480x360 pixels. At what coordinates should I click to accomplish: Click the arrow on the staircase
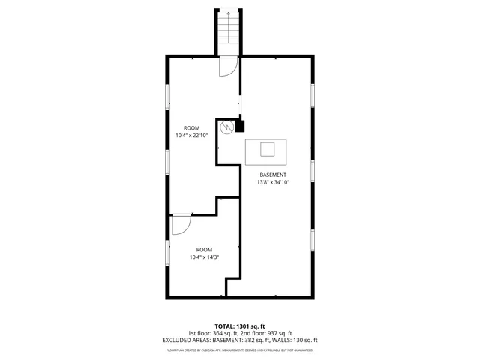pos(227,13)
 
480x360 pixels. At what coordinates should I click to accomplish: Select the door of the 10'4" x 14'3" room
pos(181,224)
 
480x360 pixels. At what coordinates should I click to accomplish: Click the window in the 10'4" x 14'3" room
pos(166,251)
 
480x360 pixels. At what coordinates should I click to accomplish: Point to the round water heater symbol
pos(226,128)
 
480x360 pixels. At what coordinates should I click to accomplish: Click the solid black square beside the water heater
pos(240,127)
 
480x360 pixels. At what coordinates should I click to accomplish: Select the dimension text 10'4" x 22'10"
pos(192,136)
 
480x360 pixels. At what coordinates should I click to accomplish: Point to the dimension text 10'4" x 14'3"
pos(204,257)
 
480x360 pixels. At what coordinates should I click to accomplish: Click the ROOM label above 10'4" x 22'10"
pos(192,128)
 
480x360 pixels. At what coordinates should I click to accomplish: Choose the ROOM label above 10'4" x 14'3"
pos(204,250)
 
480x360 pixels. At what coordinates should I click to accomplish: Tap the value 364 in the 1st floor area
pos(221,333)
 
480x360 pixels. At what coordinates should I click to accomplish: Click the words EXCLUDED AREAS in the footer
pos(184,340)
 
